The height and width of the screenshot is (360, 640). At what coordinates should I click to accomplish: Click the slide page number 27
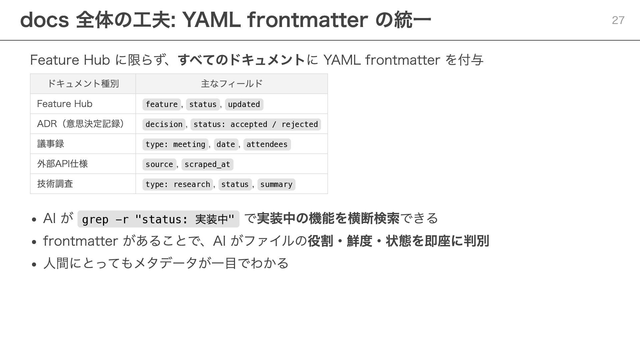(618, 20)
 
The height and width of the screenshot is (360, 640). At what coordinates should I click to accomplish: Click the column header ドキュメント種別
(83, 83)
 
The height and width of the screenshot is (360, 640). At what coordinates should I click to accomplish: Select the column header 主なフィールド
(232, 83)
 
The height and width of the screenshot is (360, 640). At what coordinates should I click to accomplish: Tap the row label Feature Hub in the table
(65, 104)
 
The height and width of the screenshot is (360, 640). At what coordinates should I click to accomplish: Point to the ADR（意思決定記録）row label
(81, 124)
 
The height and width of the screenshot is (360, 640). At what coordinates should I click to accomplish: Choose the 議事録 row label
(51, 144)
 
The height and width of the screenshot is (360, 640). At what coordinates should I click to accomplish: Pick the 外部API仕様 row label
(62, 164)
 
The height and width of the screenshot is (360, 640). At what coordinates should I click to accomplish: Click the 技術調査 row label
(55, 184)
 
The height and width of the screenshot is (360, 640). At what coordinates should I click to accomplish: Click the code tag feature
(162, 104)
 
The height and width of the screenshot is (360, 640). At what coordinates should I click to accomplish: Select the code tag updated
(244, 104)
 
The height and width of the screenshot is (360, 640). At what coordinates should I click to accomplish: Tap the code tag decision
(164, 124)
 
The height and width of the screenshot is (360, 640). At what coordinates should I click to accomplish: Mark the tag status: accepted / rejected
(256, 124)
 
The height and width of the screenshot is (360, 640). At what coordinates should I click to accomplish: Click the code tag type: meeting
(175, 144)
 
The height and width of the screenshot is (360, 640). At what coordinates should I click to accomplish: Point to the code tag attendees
(267, 144)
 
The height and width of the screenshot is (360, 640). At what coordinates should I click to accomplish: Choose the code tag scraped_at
(207, 164)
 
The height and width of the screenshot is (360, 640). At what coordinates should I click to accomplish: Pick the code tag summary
(276, 184)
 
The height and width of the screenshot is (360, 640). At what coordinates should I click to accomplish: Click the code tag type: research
(178, 184)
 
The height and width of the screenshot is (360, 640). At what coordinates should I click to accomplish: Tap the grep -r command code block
(158, 219)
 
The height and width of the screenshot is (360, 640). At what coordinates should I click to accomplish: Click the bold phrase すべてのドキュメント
(242, 60)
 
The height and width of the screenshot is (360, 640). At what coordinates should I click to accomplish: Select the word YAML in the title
(211, 20)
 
